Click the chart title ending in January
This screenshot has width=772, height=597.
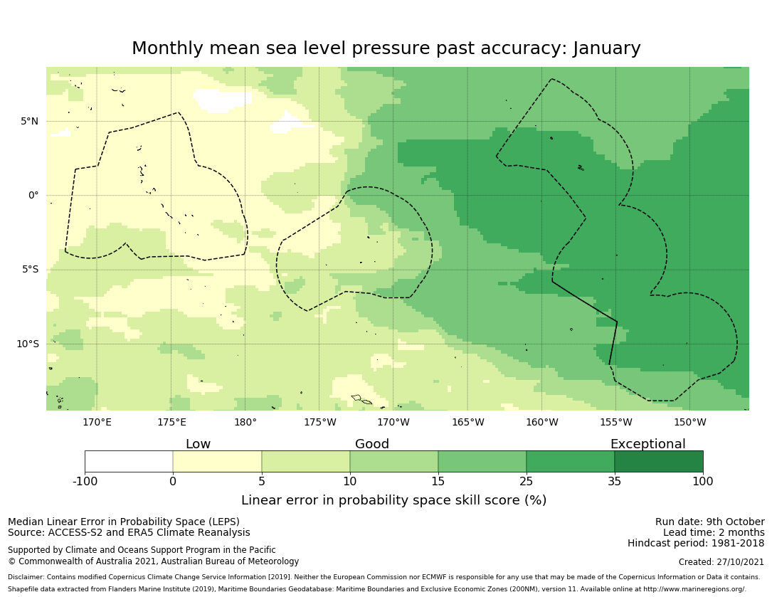386,48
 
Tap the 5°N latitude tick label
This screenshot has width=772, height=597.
29,121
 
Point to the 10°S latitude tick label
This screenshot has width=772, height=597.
27,344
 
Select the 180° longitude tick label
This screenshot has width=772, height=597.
245,422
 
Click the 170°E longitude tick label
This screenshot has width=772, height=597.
97,422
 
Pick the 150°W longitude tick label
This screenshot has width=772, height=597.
689,422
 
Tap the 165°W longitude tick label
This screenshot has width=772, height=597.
467,422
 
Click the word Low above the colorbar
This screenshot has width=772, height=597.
198,444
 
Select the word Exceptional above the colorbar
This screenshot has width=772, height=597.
647,444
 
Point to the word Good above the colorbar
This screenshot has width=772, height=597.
372,444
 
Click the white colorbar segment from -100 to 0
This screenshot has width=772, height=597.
129,461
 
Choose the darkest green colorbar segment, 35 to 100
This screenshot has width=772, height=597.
658,461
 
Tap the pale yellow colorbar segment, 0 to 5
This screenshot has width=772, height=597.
217,461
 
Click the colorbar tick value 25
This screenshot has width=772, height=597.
527,482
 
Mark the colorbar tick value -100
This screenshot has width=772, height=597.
85,482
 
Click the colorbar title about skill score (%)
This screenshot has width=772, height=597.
393,500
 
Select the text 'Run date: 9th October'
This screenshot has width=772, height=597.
709,522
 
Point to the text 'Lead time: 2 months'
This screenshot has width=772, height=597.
714,532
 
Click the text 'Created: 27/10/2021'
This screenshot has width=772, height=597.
721,562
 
